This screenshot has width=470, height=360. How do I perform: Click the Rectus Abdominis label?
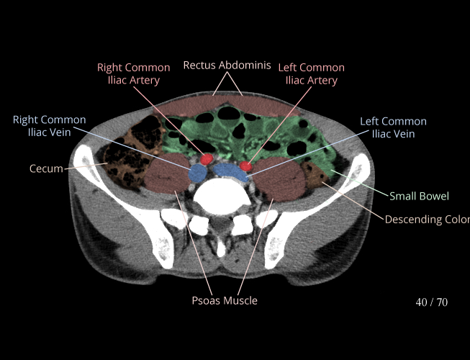[227, 66]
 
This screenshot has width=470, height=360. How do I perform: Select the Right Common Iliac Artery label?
[134, 74]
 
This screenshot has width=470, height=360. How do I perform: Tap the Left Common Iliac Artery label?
[311, 74]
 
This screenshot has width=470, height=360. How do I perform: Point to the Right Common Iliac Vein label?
[49, 126]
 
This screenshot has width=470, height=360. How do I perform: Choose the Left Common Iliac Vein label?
[393, 127]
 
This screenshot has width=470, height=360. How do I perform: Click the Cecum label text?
[46, 169]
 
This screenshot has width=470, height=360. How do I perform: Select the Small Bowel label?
[419, 196]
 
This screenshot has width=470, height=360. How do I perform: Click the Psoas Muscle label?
[224, 300]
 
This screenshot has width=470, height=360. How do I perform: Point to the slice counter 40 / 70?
[431, 302]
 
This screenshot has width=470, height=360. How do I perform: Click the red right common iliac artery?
[207, 158]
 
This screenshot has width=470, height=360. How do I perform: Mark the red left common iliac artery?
[246, 167]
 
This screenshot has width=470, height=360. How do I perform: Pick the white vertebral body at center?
[222, 194]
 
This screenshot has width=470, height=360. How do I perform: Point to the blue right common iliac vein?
[196, 174]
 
